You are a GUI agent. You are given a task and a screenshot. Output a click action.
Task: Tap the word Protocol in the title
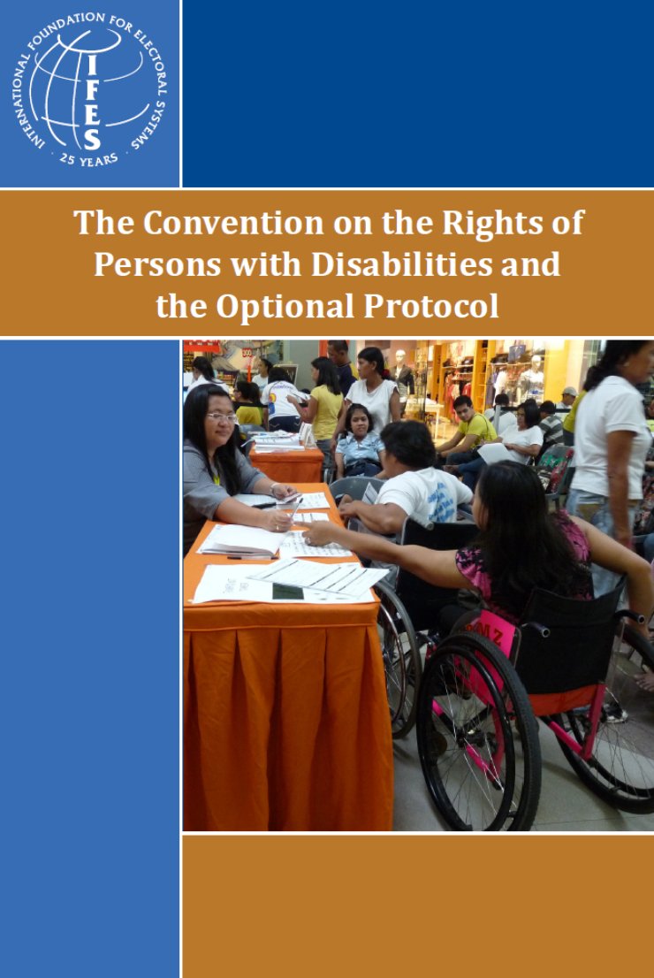coord(430,307)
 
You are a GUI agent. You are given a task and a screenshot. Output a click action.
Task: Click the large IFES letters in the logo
coord(91,101)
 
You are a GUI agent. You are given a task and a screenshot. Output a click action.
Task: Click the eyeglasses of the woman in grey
coord(222,416)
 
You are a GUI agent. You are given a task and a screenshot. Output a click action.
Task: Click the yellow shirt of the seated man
coord(477,429)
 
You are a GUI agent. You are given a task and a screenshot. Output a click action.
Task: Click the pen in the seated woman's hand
coord(294,508)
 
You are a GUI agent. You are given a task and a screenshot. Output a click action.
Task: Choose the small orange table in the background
coord(286,464)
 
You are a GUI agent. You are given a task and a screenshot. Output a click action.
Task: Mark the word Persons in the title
coord(157,264)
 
